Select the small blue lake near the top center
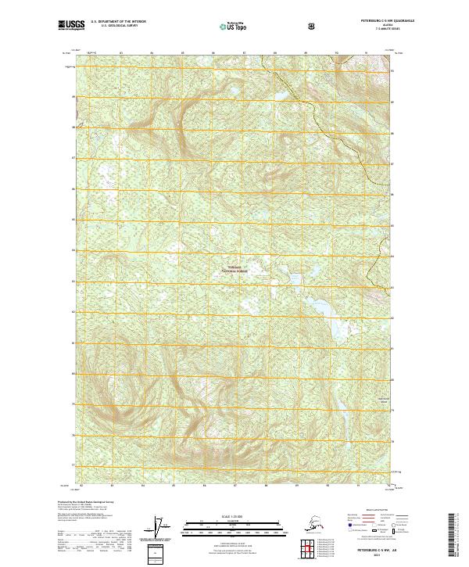tap(279, 97)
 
